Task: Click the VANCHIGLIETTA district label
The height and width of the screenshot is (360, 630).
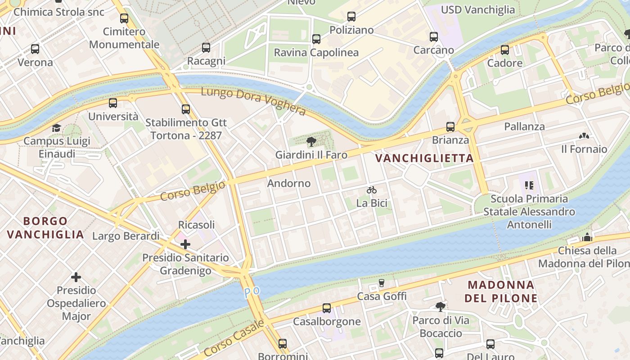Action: tap(424, 158)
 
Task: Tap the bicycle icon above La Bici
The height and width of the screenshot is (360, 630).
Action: tap(372, 190)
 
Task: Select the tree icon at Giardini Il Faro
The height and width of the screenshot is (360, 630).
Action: tap(311, 142)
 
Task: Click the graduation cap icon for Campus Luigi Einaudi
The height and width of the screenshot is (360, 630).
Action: tap(56, 128)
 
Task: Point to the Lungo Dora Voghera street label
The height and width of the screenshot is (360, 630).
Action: tap(253, 101)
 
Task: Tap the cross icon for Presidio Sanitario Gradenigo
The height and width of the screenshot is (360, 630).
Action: tap(185, 244)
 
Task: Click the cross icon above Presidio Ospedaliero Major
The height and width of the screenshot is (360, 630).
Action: tap(76, 277)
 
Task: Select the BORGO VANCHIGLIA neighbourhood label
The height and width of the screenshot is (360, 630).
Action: tap(45, 228)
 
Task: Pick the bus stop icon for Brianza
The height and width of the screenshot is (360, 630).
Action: tap(450, 127)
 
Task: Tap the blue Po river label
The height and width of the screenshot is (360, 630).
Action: tap(252, 292)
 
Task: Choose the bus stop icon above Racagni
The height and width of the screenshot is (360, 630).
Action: tap(206, 47)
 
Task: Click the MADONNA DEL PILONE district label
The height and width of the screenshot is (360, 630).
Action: tap(501, 291)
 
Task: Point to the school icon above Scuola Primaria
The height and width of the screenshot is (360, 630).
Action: tap(529, 185)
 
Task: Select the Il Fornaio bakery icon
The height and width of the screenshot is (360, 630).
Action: tap(584, 135)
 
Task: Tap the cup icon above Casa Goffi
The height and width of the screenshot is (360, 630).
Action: tap(382, 283)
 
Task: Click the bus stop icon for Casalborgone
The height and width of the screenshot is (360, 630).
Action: tap(327, 308)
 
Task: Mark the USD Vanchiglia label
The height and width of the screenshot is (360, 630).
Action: tap(477, 10)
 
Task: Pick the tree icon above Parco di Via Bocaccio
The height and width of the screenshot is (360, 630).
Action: tap(441, 307)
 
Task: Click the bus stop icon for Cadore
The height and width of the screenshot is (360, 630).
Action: tap(505, 49)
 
